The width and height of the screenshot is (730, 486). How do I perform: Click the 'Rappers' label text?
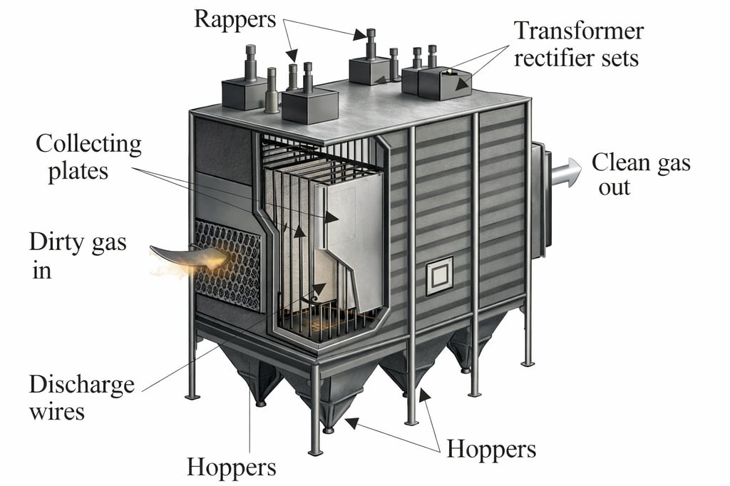coord(235,19)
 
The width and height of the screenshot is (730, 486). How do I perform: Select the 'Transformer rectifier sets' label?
coord(577,43)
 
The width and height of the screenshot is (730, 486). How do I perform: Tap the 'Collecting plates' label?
coord(88,157)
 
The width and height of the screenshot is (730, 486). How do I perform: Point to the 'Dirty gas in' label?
coord(77,255)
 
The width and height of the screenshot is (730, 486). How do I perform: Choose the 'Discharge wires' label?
coord(81,398)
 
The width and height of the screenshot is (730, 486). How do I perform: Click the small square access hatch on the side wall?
coord(438,276)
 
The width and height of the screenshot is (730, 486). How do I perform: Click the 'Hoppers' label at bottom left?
coord(231,467)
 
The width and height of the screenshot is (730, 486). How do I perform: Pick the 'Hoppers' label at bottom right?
coord(490,450)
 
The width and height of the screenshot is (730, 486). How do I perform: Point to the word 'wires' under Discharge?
coord(57,411)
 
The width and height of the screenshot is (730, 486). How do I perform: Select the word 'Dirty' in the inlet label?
coord(58,242)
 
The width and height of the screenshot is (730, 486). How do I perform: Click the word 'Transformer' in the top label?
coord(579,31)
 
